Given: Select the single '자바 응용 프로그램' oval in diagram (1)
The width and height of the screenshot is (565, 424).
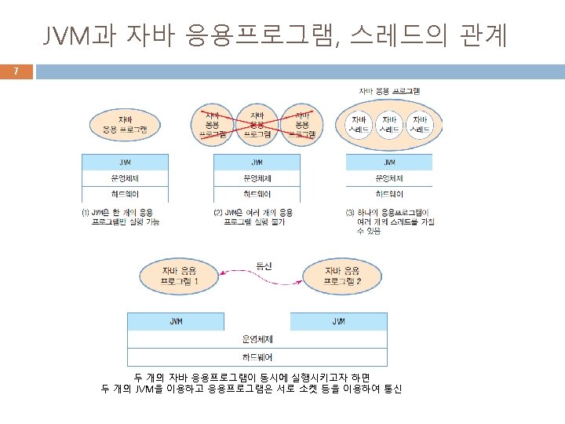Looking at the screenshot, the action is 125,124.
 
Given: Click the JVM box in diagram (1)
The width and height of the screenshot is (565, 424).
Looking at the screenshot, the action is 125,163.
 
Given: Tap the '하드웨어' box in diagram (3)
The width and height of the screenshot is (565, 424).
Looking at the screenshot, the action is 388,194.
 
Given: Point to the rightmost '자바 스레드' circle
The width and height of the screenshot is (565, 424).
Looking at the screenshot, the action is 421,123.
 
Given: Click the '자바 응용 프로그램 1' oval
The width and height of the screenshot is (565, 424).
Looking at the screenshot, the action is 180,276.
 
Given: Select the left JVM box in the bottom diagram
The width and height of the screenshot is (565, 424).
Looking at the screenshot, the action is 176,322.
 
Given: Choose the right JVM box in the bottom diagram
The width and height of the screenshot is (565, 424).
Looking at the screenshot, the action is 338,322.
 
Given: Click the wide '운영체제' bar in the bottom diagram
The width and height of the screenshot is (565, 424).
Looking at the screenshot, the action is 257,339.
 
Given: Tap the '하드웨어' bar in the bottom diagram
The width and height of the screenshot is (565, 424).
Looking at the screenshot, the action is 257,357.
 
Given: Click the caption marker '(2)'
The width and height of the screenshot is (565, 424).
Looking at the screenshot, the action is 218,212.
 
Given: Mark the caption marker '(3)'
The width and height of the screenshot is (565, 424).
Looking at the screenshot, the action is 350,212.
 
